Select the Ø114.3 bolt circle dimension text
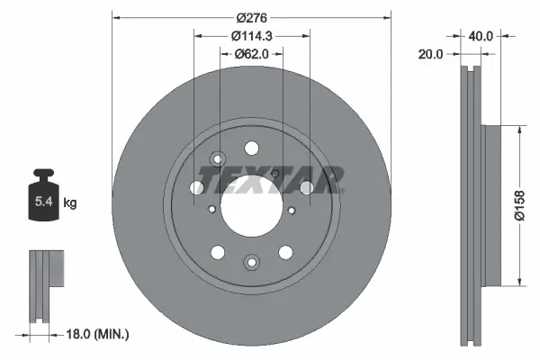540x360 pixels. [251, 36]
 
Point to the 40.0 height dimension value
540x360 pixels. [481, 37]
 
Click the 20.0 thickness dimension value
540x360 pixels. [431, 54]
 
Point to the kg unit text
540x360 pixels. [70, 203]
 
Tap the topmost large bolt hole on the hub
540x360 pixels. [251, 148]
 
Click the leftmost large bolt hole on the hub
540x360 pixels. [197, 187]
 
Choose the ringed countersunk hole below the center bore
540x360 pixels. [251, 263]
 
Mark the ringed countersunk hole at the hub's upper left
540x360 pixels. [215, 160]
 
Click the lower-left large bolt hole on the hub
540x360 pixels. [218, 252]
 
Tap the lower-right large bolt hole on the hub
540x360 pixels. [285, 252]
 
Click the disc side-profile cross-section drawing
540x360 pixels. [473, 205]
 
